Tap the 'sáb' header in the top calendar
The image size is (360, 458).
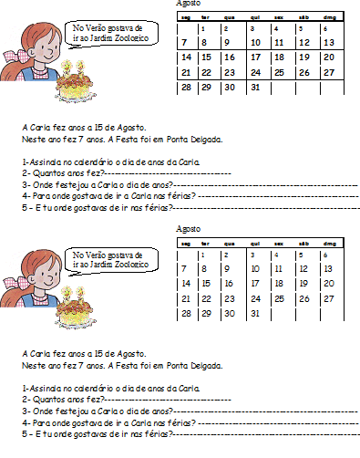click(304, 16)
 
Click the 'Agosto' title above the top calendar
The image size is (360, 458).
click(189, 5)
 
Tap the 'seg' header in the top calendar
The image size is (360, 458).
click(185, 16)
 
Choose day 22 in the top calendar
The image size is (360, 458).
click(210, 73)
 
